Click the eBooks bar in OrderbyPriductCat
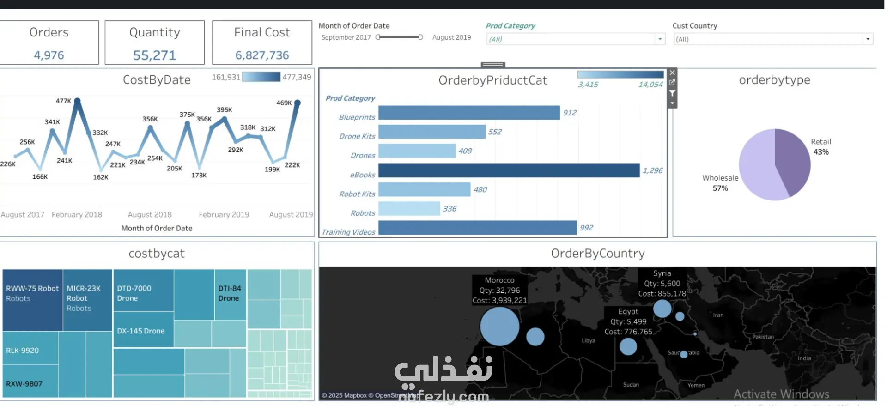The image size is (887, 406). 508,170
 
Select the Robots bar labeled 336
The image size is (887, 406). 408,209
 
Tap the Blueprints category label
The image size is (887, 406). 357,117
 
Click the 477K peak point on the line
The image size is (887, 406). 77,100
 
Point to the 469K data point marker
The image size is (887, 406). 298,102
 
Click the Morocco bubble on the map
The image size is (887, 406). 499,326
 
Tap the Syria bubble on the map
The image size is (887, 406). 662,309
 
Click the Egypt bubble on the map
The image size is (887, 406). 628,346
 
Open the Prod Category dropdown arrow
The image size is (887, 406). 660,39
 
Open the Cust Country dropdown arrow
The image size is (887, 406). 868,39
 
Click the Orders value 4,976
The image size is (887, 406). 49,55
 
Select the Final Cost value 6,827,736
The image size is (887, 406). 262,55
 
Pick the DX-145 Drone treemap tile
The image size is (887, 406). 141,331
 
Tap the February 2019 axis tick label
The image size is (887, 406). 224,215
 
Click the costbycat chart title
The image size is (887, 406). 157,254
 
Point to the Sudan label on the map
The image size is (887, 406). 631,385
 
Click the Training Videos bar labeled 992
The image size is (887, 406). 477,228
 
